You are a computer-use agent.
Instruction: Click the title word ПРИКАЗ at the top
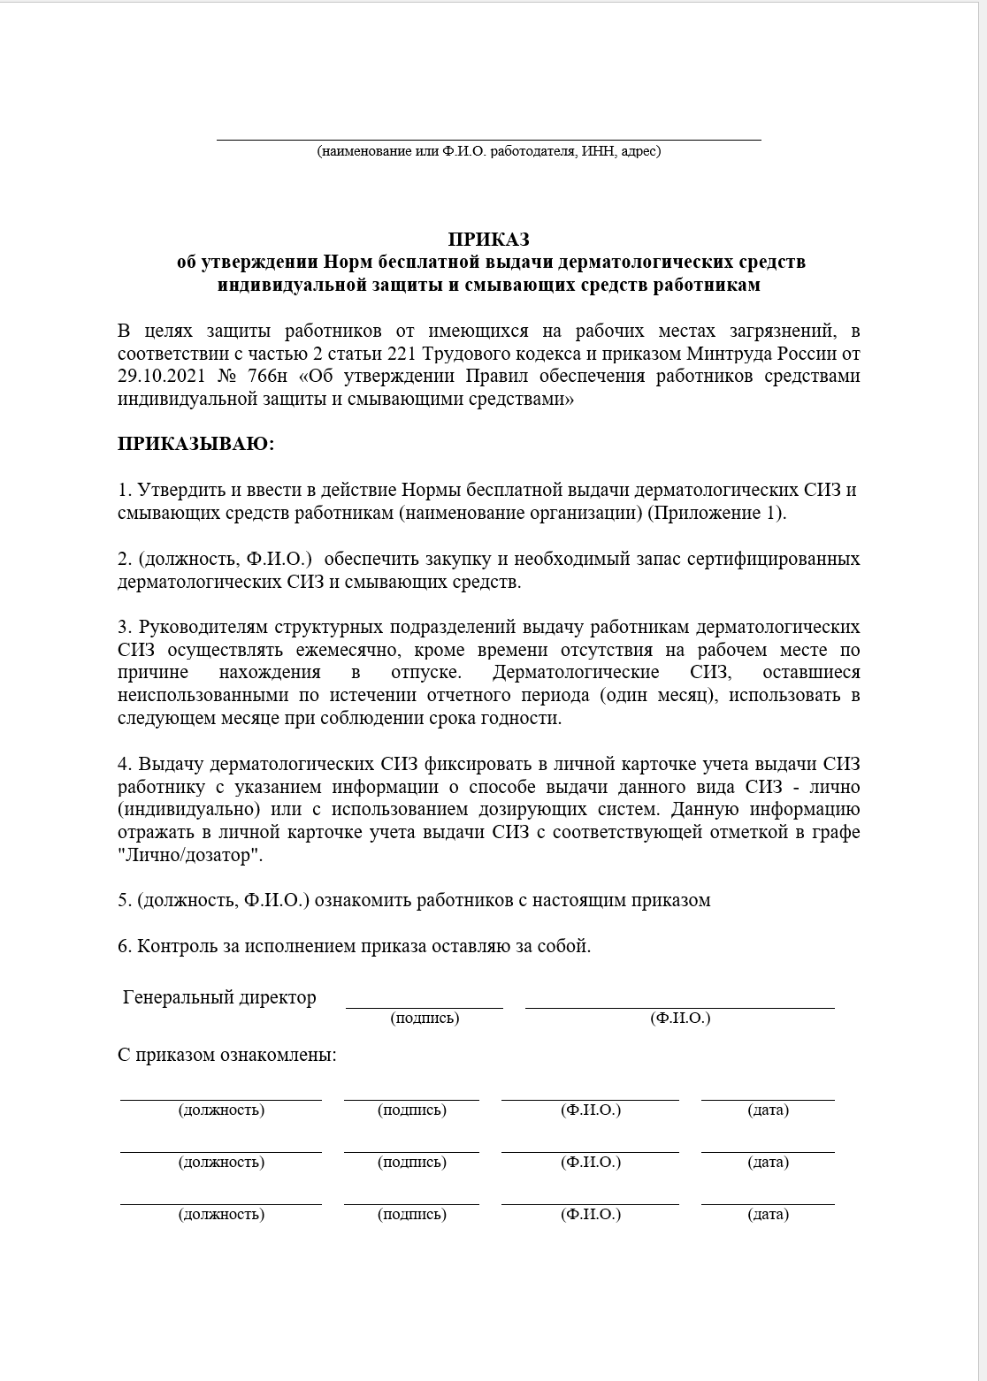click(x=488, y=239)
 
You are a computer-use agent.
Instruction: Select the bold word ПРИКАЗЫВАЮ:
click(x=196, y=444)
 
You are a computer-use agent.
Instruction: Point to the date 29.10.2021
click(x=159, y=377)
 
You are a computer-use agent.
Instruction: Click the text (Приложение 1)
click(x=716, y=513)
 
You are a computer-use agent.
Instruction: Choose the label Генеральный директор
click(x=219, y=998)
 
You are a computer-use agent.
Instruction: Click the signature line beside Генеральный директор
click(x=425, y=1006)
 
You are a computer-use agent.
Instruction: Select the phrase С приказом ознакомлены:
click(x=227, y=1056)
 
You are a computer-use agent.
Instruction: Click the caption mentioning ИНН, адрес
click(x=488, y=151)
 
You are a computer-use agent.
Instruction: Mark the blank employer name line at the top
click(x=488, y=138)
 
